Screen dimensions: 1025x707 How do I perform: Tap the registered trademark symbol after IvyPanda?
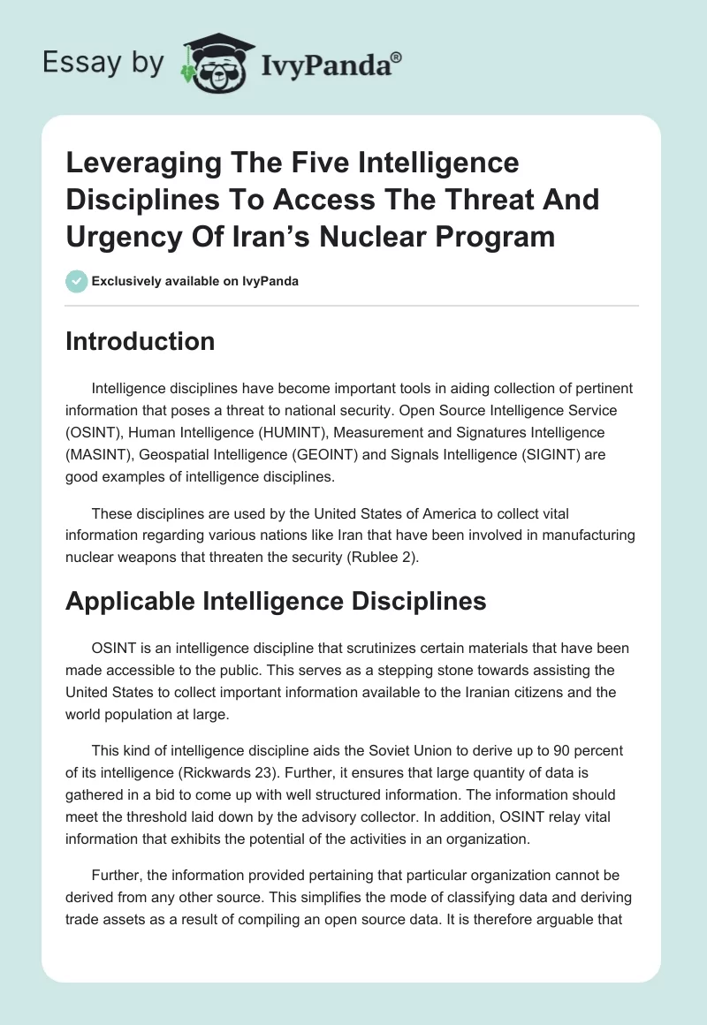click(397, 58)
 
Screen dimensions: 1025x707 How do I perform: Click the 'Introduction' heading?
click(140, 342)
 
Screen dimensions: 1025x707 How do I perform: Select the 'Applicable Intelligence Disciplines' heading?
click(276, 601)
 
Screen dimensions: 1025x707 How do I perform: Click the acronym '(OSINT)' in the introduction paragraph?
click(92, 432)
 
